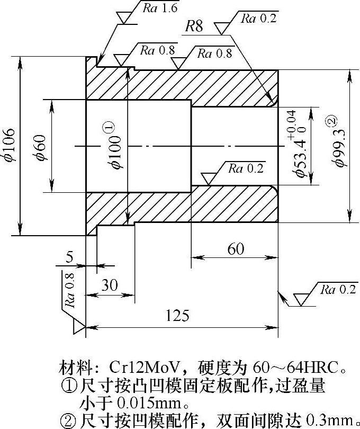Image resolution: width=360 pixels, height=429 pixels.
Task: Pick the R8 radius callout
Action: click(194, 27)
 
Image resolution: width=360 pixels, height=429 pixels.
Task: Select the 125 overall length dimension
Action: click(178, 316)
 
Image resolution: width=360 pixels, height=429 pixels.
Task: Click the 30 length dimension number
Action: click(110, 284)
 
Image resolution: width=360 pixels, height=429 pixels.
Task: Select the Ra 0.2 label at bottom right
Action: click(339, 290)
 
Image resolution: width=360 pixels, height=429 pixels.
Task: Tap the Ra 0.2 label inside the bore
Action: click(245, 169)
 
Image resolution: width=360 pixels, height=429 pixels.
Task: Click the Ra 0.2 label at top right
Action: click(259, 19)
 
